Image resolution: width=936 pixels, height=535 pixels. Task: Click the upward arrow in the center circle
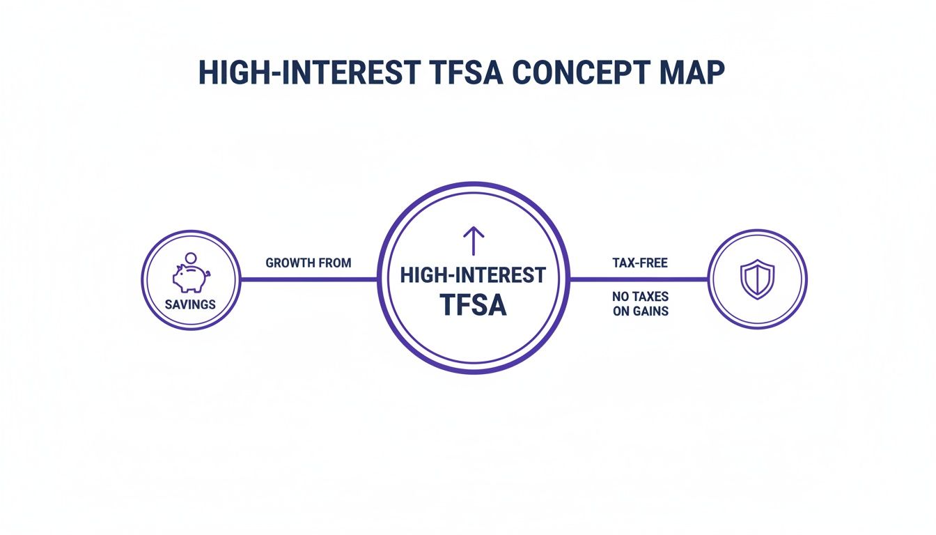474,240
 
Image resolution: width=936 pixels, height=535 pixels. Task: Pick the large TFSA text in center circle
474,305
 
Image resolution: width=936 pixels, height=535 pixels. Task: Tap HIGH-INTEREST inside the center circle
474,275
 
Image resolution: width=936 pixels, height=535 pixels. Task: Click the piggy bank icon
189,277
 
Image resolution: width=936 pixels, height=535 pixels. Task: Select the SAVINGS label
190,304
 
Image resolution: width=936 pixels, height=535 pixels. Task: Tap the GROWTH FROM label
309,263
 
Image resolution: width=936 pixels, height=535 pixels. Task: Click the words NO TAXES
641,297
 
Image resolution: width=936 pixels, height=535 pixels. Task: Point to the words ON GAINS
641,311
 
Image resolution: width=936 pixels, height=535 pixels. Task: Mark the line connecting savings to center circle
309,279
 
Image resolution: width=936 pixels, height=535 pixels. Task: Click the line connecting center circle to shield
639,279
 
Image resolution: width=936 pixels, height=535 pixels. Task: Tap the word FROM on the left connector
335,263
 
